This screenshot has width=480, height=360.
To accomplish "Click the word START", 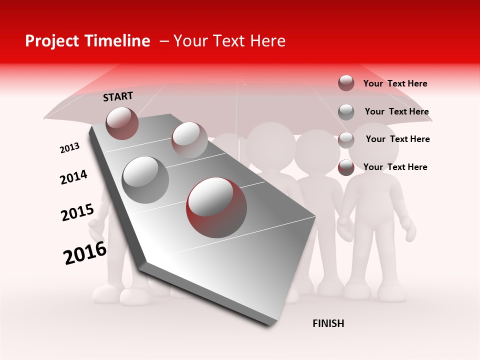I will [x=118, y=96].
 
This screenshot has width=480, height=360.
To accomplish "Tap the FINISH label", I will [x=328, y=323].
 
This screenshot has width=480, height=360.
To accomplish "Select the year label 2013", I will [x=69, y=148].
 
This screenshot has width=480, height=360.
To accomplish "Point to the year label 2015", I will [x=77, y=212].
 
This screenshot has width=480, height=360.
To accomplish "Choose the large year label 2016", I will [x=85, y=253].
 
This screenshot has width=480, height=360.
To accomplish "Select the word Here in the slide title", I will [x=267, y=41].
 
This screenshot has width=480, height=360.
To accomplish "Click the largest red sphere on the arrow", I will [x=216, y=207].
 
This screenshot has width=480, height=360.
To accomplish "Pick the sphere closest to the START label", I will [x=122, y=123].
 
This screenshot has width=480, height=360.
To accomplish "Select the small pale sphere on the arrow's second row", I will [x=189, y=140].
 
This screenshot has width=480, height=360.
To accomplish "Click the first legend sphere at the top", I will [x=346, y=83].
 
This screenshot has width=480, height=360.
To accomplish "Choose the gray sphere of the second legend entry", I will [x=346, y=111].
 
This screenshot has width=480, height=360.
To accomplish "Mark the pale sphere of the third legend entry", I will [x=346, y=139].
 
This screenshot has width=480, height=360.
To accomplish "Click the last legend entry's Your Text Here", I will [x=395, y=167].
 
